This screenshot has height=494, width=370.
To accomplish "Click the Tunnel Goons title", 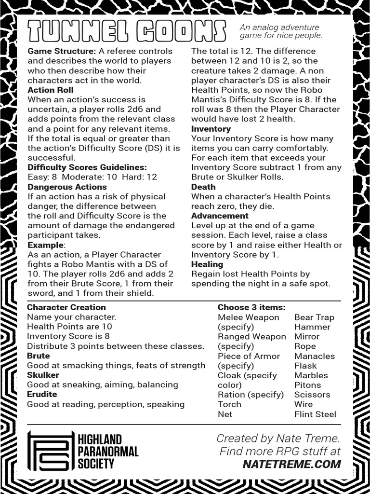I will point(126,31).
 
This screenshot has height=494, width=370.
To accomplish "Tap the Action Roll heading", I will point(51,90).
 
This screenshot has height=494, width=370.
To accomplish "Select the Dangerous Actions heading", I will point(67,187).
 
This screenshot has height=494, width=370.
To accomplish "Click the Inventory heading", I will point(211,129).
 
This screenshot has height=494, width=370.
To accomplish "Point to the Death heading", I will point(203,187).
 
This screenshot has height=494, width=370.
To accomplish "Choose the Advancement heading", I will point(220,216).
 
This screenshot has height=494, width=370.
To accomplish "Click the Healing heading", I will point(207,264).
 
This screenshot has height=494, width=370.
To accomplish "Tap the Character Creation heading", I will point(66,307).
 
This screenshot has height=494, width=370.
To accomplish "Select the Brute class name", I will point(39,356).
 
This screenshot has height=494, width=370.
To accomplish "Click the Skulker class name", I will point(43,375).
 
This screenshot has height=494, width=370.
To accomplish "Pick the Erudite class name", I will point(42,394).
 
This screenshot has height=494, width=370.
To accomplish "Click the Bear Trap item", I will point(314,317).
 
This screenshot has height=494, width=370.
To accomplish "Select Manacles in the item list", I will point(314,356).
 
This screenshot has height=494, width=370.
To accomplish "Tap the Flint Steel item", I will point(315,414).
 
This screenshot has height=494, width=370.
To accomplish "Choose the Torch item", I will point(229,404).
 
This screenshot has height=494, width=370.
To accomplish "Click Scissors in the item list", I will point(312,395).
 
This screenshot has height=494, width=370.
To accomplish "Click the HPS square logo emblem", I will point(51,451).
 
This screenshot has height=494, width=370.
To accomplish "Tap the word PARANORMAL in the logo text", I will point(108,452).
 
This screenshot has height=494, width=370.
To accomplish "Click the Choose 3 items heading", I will point(251,307).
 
